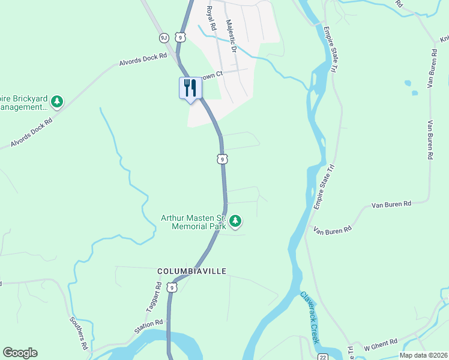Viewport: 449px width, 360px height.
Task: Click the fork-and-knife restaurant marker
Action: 190,88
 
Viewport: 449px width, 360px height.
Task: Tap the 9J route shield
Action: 164,38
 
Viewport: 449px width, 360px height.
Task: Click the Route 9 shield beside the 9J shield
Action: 180,38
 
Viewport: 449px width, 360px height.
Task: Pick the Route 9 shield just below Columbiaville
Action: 173,288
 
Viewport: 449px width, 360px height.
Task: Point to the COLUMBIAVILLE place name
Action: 191,271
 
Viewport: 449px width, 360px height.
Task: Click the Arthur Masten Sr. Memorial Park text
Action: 194,223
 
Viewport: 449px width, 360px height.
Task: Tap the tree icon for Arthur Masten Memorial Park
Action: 236,222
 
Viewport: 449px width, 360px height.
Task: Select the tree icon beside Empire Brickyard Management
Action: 57,101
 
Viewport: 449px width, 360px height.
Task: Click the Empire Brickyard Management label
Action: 24,103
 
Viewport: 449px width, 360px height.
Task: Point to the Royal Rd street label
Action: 211,19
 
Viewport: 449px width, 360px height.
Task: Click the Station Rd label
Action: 148,326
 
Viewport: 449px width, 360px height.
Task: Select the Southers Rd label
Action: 80,333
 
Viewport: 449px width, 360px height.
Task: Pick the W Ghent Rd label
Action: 381,343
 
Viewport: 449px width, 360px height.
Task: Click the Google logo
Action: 20,353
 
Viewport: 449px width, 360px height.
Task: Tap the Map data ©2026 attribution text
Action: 424,355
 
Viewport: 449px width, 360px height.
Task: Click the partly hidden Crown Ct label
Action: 211,75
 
